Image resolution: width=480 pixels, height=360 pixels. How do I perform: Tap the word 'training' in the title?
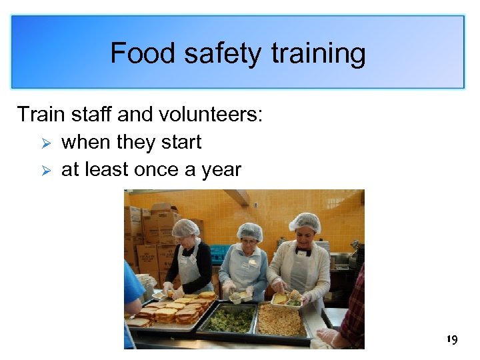(318, 53)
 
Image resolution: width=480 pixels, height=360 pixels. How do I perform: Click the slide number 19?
(452, 341)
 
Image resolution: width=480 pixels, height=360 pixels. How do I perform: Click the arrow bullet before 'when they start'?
(46, 143)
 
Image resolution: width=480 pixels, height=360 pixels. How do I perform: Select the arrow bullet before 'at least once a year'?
(46, 170)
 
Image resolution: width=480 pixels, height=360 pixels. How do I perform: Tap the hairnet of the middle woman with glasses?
(250, 230)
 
